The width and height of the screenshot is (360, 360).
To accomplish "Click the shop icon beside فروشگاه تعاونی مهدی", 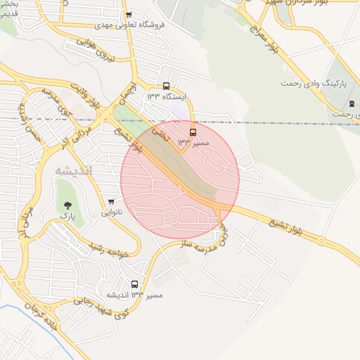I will point(128,14).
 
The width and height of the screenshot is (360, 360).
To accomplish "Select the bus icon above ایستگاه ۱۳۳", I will point(166,86).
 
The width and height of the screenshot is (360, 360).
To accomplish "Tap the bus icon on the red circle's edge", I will point(193,131).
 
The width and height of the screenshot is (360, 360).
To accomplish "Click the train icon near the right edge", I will point(351,104).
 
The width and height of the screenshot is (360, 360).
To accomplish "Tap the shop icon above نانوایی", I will point(111,202).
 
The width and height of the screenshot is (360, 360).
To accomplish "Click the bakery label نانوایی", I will point(112,212).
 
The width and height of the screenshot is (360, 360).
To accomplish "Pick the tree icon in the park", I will point(67,205).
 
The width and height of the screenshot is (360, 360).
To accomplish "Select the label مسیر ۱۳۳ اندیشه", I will point(134,295).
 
